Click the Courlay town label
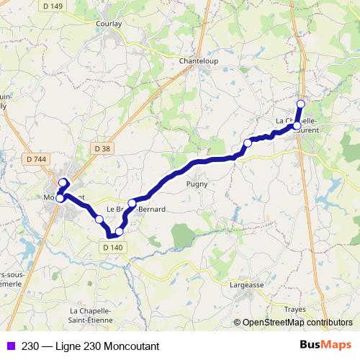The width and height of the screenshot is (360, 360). pyautogui.click(x=109, y=23)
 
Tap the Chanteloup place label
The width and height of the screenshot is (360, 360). pyautogui.click(x=198, y=61)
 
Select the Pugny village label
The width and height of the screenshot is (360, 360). pyautogui.click(x=197, y=184)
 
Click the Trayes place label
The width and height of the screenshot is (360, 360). pyautogui.click(x=295, y=309)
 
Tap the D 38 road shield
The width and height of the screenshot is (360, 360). pyautogui.click(x=104, y=148)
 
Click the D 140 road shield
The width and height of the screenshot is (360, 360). pyautogui.click(x=110, y=246)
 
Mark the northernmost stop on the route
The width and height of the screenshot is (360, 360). pyautogui.click(x=301, y=104)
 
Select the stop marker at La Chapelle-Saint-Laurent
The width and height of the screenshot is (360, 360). pyautogui.click(x=297, y=126)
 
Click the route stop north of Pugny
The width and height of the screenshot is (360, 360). pyautogui.click(x=248, y=143)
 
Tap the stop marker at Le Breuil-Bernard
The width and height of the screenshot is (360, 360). pyautogui.click(x=132, y=203)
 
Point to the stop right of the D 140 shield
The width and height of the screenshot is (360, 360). pyautogui.click(x=120, y=232)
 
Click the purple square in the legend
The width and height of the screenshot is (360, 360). pyautogui.click(x=10, y=345)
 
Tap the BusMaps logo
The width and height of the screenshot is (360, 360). pyautogui.click(x=328, y=344)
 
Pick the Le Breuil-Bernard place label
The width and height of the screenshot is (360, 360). pyautogui.click(x=136, y=210)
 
